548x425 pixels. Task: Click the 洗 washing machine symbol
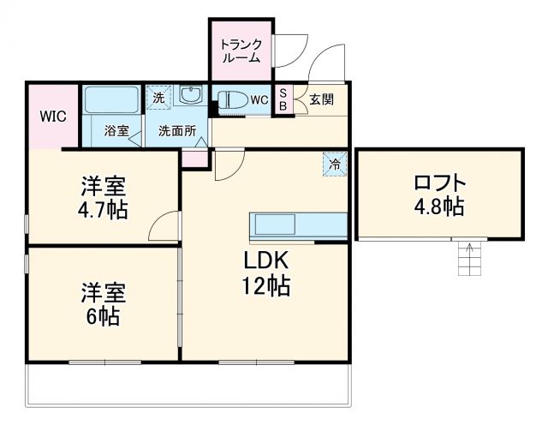click(158, 98)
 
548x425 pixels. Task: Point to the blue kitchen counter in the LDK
click(298, 224)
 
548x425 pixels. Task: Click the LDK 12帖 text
click(265, 273)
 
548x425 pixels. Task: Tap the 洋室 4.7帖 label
click(104, 198)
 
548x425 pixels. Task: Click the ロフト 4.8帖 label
click(438, 195)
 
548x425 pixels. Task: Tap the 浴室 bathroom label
click(116, 131)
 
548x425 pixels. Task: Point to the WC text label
click(259, 100)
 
